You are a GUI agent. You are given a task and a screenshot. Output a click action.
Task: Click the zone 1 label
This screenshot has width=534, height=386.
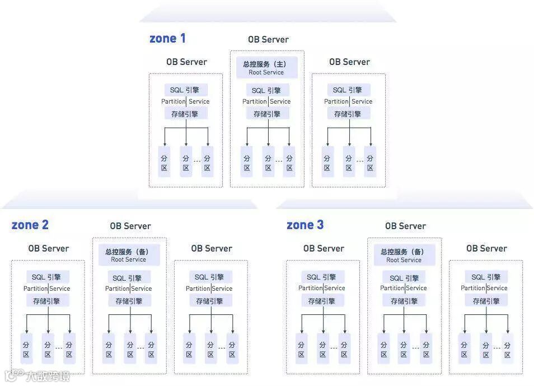[x=167, y=39]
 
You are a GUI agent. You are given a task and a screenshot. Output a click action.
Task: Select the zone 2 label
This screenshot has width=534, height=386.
[x=30, y=225]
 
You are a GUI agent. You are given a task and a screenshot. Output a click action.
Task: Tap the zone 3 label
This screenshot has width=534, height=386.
[x=305, y=225]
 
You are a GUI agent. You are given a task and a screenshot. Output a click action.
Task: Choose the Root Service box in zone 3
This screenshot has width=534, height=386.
[x=404, y=255]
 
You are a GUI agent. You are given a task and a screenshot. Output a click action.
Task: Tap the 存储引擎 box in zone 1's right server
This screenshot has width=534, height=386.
[x=348, y=114]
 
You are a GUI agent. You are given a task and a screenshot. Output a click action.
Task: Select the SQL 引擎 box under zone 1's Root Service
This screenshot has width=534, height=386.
[x=266, y=91]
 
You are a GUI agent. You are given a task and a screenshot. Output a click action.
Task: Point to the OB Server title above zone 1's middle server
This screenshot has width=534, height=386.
[x=268, y=40]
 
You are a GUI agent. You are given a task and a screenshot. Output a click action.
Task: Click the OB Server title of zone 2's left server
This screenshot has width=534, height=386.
[x=49, y=248]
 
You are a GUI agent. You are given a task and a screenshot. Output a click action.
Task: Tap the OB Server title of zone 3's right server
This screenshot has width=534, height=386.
[x=486, y=248]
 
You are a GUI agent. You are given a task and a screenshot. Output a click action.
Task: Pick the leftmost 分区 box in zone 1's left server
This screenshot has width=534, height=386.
[x=164, y=162]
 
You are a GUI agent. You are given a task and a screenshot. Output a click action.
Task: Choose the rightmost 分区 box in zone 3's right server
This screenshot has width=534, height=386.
[x=507, y=348]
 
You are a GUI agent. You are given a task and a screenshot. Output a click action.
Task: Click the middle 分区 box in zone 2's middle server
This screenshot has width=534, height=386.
[x=130, y=349]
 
